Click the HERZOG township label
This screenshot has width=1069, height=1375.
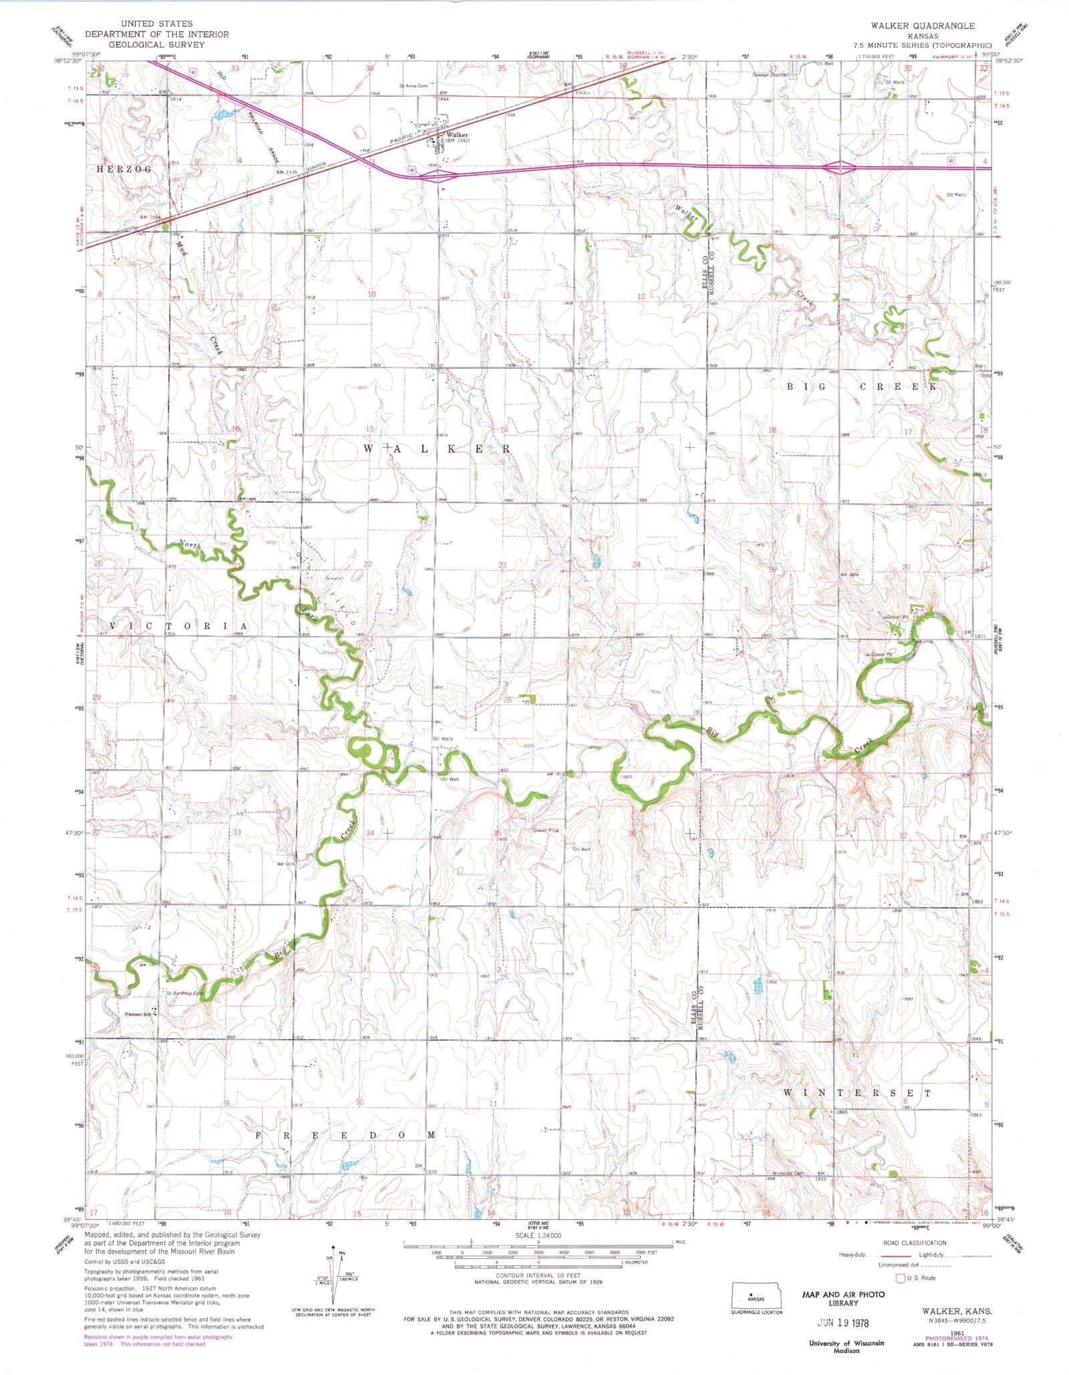tap(124, 170)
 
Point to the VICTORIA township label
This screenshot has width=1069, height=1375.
tap(178, 625)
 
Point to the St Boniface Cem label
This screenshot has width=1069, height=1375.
tap(184, 993)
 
